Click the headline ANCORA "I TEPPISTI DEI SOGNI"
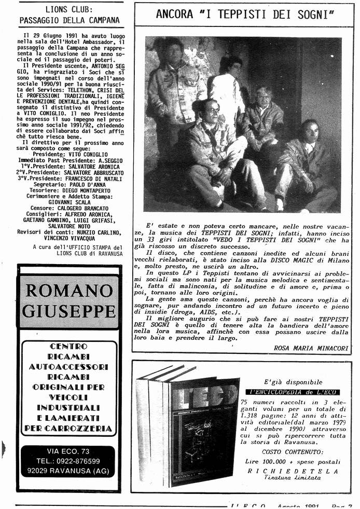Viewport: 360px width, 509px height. click(x=245, y=14)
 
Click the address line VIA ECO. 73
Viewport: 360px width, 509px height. click(x=68, y=451)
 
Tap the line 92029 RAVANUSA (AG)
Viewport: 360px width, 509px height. click(x=68, y=471)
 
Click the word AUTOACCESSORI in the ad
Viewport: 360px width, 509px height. click(x=68, y=366)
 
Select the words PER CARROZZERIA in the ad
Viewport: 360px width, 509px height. click(x=68, y=428)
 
